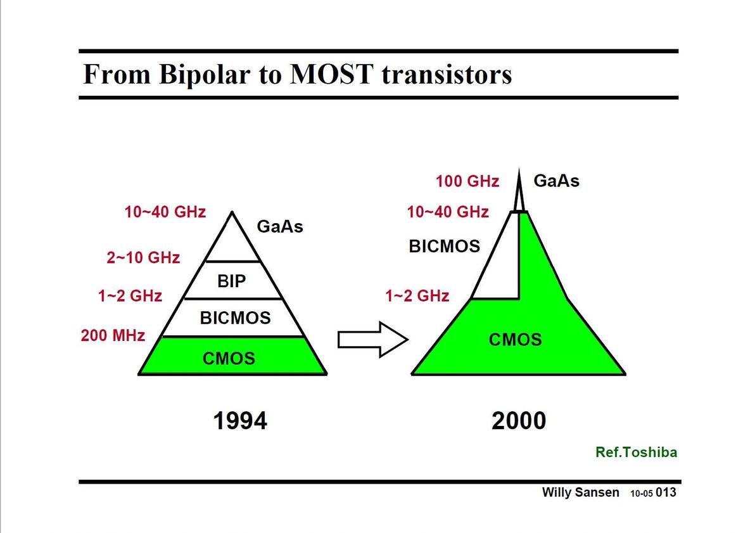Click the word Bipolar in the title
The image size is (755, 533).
(204, 75)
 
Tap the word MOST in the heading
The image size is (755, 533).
(332, 74)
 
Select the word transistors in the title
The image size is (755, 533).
(447, 75)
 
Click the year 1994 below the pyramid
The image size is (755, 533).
(240, 421)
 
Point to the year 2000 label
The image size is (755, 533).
(519, 421)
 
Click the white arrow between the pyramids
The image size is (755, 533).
(373, 340)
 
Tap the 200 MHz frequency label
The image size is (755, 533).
(113, 335)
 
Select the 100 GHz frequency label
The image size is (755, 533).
(467, 181)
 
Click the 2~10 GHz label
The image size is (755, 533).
(144, 257)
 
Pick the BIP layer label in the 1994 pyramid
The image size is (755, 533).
(232, 281)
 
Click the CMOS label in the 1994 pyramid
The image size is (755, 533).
(229, 359)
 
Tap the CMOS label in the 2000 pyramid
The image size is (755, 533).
(515, 340)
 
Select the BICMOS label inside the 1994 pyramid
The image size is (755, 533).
(236, 318)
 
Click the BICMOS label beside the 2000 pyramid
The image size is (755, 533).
(445, 247)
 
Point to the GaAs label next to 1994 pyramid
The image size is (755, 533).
(280, 226)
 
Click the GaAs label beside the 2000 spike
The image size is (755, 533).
(557, 181)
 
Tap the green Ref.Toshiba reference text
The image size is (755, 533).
(636, 452)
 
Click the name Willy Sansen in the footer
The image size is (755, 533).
(581, 492)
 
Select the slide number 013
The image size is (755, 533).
(666, 492)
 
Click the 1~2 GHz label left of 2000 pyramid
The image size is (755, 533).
(417, 295)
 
